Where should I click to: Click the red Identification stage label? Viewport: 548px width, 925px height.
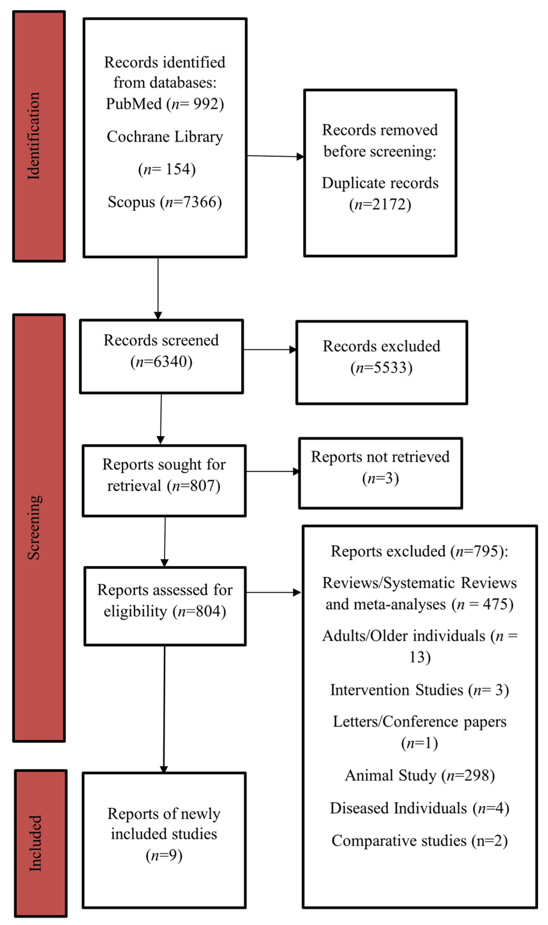(39, 136)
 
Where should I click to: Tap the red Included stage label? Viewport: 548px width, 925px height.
(41, 843)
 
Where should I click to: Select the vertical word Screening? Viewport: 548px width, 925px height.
(34, 527)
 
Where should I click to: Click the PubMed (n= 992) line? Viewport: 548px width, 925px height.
(165, 104)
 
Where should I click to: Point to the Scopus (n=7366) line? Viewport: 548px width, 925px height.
(165, 202)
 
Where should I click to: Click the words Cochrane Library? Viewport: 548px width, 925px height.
(165, 136)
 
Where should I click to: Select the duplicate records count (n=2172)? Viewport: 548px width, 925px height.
(380, 204)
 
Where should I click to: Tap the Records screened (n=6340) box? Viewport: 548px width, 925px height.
(161, 356)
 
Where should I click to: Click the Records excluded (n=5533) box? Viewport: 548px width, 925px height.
(381, 362)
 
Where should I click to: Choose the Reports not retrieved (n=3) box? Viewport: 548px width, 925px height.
(380, 473)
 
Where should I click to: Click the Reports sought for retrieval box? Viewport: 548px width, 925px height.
(164, 480)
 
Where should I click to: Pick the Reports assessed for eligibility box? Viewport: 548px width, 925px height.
(165, 606)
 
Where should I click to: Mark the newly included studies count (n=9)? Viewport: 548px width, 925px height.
(164, 855)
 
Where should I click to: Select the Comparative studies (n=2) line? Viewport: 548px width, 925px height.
(420, 841)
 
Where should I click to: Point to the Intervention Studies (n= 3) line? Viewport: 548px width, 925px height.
(420, 690)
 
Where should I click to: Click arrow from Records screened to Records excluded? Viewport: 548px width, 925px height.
(270, 349)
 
